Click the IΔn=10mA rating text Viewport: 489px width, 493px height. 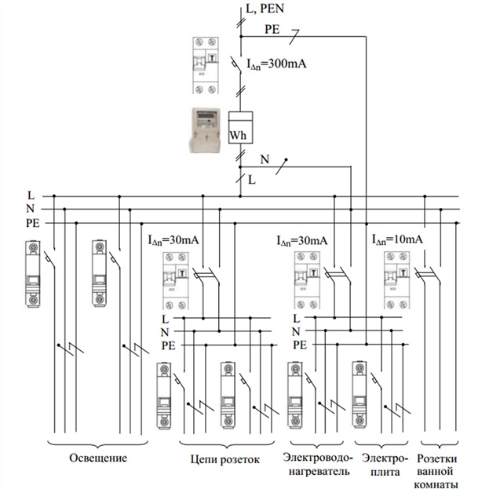click(x=399, y=238)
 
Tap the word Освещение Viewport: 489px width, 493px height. click(x=98, y=458)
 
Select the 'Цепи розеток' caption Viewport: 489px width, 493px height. click(x=224, y=458)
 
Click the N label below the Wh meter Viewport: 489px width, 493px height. click(x=264, y=160)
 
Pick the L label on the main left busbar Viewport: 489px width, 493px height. click(x=31, y=195)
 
